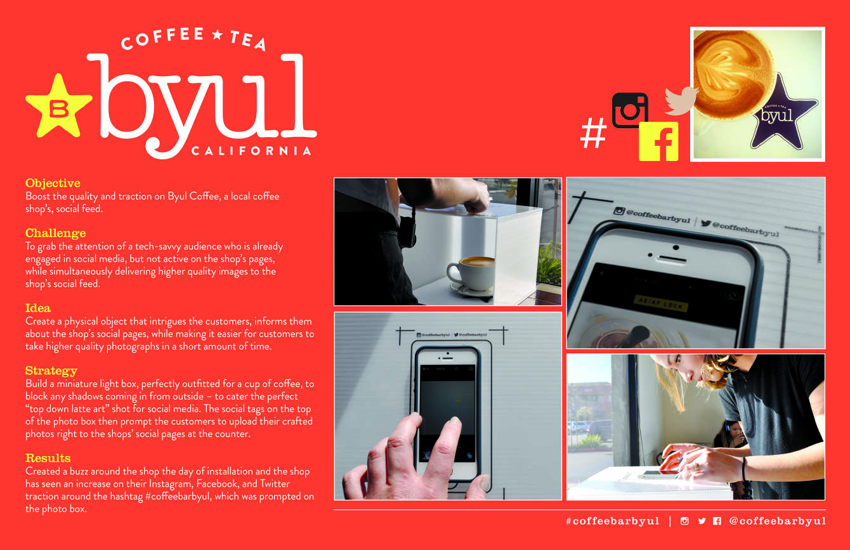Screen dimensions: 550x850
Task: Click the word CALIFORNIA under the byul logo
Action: tap(251, 151)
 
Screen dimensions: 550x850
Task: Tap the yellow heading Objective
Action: tap(53, 183)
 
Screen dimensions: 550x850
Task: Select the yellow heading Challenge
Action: tap(55, 233)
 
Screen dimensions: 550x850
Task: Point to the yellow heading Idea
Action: tap(38, 308)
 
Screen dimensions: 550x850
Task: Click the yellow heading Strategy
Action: tap(51, 370)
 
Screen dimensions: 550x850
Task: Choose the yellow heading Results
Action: tap(48, 458)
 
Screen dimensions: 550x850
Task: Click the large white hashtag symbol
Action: tap(594, 134)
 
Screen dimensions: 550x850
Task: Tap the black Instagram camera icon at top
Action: tap(630, 110)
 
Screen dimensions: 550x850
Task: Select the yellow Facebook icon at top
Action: tap(658, 141)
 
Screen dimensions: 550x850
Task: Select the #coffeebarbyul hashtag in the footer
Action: tap(612, 521)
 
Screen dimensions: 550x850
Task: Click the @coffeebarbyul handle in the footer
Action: tap(777, 521)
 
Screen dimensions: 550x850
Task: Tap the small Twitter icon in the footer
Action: tap(702, 521)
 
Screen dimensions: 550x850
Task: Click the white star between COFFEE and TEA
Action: tap(218, 35)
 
